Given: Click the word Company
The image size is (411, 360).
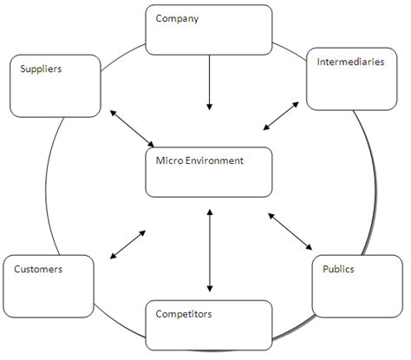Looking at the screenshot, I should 177,18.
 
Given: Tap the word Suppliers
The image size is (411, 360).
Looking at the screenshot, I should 40,68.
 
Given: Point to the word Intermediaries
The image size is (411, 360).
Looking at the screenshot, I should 350,62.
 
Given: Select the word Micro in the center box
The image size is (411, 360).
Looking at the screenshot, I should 168,160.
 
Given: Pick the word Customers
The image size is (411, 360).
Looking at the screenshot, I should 38,269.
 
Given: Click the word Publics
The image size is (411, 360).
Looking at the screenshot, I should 338,269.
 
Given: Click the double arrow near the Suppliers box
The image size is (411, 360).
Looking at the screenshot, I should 134,128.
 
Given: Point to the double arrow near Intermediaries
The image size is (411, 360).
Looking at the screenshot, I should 282,116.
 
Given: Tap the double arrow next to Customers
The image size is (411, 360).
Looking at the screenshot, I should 128,245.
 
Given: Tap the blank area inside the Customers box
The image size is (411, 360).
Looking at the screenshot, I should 48,295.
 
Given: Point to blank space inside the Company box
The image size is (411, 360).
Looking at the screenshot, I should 208,39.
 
